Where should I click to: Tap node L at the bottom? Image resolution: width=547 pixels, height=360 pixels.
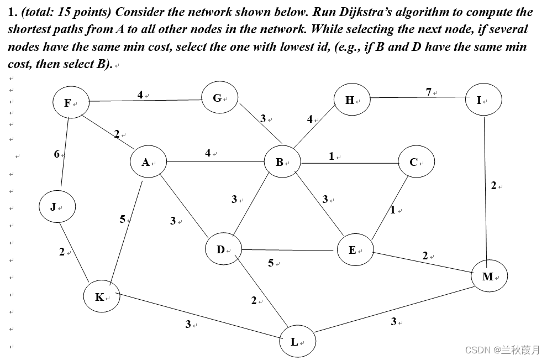[x=297, y=341]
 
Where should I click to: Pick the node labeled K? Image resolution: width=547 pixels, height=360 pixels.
[x=101, y=297]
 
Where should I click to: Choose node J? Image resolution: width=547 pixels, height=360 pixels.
[x=56, y=207]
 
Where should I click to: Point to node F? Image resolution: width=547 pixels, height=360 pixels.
[x=70, y=102]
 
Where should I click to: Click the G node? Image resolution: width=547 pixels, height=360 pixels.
[x=219, y=98]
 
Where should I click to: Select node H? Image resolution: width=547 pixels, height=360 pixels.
[x=351, y=100]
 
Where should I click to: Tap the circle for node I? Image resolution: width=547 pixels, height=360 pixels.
[x=482, y=100]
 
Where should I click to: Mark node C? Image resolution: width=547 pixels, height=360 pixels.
[x=415, y=162]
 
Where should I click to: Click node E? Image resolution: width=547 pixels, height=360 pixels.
[x=354, y=250]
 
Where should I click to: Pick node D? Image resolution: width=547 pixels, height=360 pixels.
[x=223, y=249]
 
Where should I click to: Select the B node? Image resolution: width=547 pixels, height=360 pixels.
[x=282, y=162]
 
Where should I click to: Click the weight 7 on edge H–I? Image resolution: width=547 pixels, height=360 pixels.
[x=429, y=92]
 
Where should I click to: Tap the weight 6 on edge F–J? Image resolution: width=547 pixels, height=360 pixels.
[x=56, y=154]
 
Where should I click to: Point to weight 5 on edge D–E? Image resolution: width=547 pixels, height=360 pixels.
[x=271, y=263]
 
